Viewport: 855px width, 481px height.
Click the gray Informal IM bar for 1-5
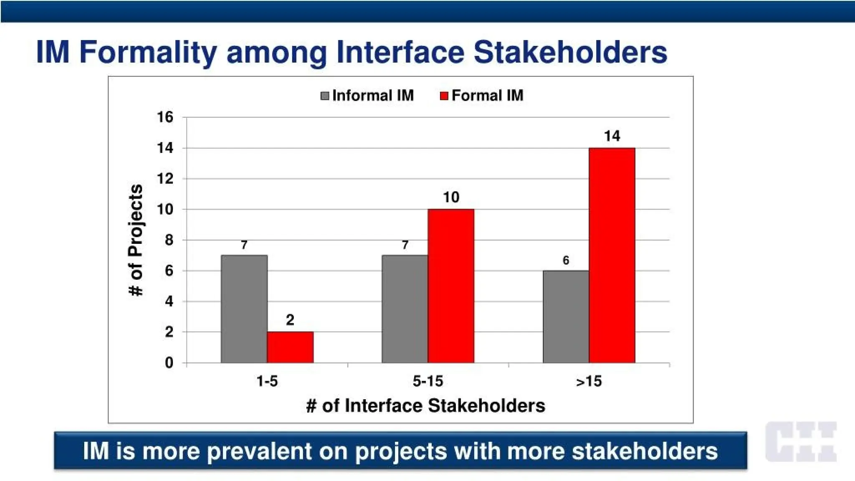(x=244, y=309)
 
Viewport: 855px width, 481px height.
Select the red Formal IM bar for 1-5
(x=290, y=347)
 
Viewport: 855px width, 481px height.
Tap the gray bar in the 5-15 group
(x=405, y=309)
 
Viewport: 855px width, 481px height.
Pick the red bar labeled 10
(x=451, y=286)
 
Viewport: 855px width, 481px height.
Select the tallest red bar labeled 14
(x=612, y=256)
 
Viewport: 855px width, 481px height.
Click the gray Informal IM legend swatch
(x=325, y=96)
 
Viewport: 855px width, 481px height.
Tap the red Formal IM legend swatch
(x=444, y=96)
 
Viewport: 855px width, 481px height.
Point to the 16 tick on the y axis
(x=165, y=117)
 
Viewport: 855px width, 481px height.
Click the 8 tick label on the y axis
(x=169, y=240)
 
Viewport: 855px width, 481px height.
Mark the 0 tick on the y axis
(x=169, y=363)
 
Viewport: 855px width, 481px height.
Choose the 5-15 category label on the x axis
(x=427, y=381)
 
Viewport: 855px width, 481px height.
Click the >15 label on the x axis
(x=589, y=381)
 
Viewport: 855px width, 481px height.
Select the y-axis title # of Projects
(x=136, y=240)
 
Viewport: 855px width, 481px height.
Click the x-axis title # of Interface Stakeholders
(x=425, y=406)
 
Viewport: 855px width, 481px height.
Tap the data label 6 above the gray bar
(x=566, y=261)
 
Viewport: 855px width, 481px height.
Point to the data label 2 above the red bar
(x=290, y=320)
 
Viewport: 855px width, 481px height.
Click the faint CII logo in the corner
(x=801, y=441)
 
